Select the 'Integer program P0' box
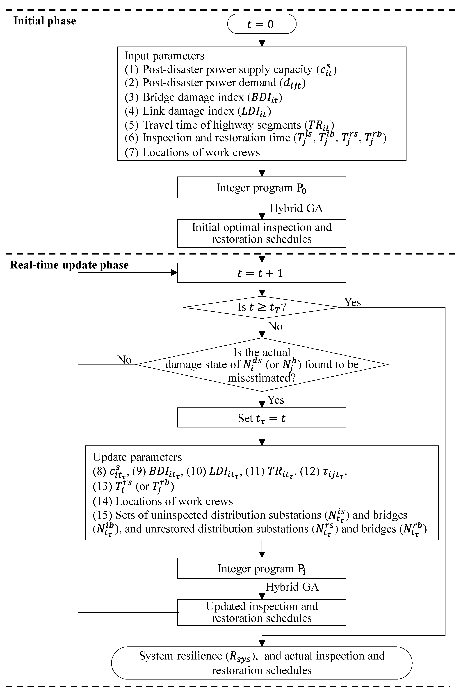pos(262,188)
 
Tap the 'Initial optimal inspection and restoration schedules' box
pos(262,233)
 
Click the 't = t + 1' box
pos(262,273)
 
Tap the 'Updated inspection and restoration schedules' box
pos(262,612)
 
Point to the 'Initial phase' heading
pos(45,21)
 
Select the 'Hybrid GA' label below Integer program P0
pos(296,208)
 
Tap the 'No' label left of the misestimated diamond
pos(124,360)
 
